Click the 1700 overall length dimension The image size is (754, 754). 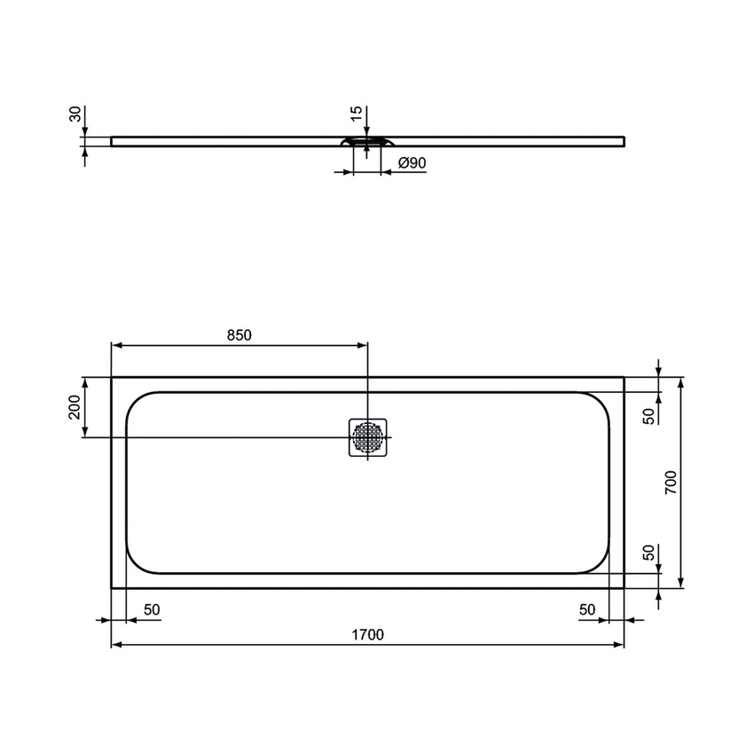pyautogui.click(x=367, y=634)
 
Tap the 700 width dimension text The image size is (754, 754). pyautogui.click(x=672, y=482)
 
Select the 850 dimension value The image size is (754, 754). pyautogui.click(x=240, y=334)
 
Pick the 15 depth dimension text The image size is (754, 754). pyautogui.click(x=356, y=114)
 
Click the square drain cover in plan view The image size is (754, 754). pyautogui.click(x=368, y=436)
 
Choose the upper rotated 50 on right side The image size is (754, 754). pyautogui.click(x=648, y=415)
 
